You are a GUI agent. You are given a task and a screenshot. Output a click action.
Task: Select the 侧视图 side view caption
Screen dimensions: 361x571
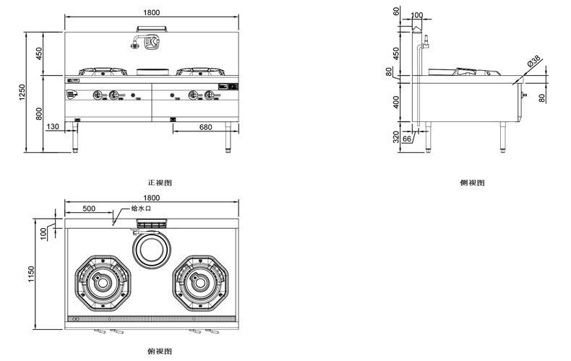click(x=472, y=183)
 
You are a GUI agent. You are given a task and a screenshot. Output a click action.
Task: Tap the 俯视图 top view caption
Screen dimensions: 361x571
click(x=159, y=351)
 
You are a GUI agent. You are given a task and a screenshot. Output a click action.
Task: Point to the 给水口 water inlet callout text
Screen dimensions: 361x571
click(x=141, y=208)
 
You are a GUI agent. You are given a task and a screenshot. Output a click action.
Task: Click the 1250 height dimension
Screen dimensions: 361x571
click(x=22, y=92)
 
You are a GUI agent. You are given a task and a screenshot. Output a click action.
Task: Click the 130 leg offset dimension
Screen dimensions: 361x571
click(x=53, y=127)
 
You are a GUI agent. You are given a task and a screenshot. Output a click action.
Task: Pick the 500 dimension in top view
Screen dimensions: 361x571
click(x=89, y=208)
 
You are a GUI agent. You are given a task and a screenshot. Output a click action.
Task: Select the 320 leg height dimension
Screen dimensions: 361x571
click(x=395, y=138)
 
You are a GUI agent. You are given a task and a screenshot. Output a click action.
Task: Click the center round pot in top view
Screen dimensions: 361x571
click(x=151, y=251)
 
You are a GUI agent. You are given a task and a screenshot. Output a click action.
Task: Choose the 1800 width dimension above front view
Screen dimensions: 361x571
click(x=151, y=12)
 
